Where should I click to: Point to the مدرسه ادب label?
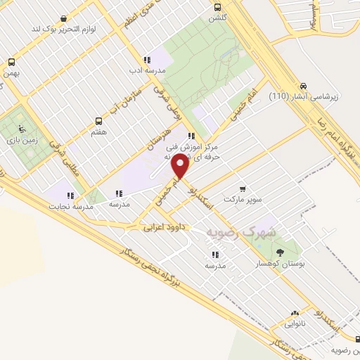point(146,71)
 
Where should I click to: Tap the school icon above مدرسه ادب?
point(146,60)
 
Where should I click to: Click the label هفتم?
point(99,131)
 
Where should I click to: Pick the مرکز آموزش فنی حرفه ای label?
point(191,153)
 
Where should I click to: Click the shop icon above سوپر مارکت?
point(243,189)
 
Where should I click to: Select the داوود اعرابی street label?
point(164,228)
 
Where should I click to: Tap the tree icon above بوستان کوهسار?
point(281,252)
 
